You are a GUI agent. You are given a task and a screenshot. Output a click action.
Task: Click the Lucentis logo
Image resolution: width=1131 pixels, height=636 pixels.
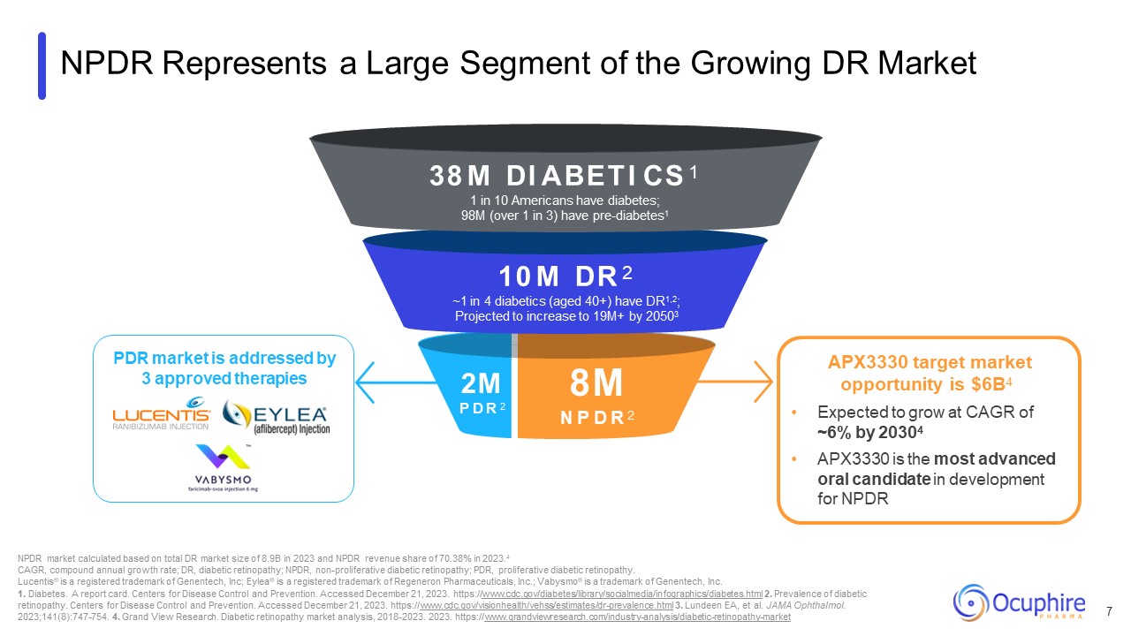161,416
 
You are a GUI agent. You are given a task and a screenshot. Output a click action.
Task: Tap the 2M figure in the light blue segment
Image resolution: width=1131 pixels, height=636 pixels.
481,382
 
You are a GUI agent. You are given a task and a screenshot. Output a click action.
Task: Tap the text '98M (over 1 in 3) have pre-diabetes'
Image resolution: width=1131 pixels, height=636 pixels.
558,216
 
